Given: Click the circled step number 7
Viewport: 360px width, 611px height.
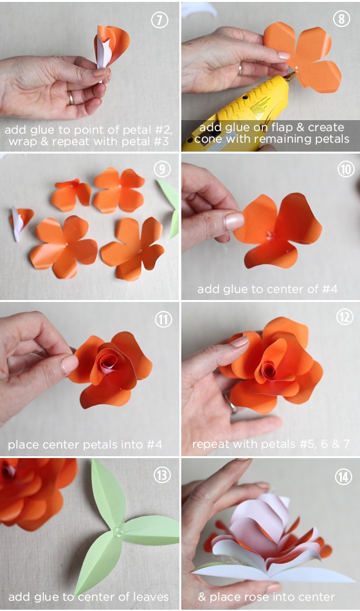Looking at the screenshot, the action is coord(159,20).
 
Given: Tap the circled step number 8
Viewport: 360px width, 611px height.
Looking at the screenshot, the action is coord(341,19).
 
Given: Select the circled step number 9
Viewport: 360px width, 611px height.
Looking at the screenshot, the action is coord(162,169).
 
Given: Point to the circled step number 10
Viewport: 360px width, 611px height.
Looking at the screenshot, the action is coord(346,170).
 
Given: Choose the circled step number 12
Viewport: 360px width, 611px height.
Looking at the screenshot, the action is coord(345,317).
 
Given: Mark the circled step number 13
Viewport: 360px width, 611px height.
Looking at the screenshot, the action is coord(163,475).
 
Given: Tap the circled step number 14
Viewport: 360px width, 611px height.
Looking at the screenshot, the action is coord(343,477).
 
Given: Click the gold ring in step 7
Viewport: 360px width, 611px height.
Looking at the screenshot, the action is coord(71,98).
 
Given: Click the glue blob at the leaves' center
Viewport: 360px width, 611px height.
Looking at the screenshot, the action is coord(118,531).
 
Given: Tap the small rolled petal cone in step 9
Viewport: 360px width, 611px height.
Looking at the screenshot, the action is coord(20,223).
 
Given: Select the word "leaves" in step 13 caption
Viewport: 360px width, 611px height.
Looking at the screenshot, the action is coord(149,597).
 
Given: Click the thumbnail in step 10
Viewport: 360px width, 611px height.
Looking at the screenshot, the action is coord(235,222).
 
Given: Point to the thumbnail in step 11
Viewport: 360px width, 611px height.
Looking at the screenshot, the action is coord(69,364).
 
